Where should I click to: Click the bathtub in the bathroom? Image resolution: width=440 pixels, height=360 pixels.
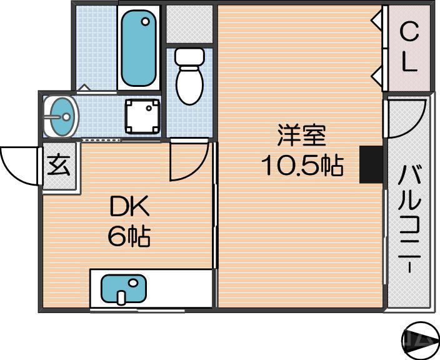pyautogui.click(x=139, y=49)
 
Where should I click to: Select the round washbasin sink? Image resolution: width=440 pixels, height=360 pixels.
pyautogui.click(x=61, y=116)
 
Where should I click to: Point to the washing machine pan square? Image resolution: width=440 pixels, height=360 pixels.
pyautogui.click(x=142, y=116)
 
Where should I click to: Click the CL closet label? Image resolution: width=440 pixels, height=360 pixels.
pyautogui.click(x=409, y=47)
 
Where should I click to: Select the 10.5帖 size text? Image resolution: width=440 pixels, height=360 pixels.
pyautogui.click(x=302, y=166)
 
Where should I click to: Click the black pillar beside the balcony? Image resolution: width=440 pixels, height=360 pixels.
pyautogui.click(x=371, y=164)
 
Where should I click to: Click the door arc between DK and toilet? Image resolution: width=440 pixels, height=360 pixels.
pyautogui.click(x=187, y=161)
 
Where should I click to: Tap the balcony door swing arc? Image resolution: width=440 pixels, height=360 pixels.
pyautogui.click(x=406, y=119)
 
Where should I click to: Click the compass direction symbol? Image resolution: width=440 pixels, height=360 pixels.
pyautogui.click(x=420, y=341)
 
